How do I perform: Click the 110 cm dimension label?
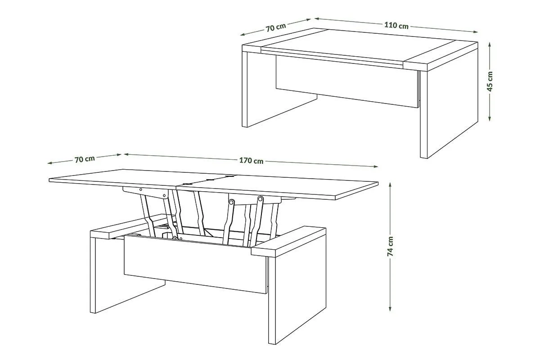[396, 25]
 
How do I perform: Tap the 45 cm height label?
[490, 81]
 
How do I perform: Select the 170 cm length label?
[251, 161]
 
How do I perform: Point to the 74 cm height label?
[390, 247]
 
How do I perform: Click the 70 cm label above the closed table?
[276, 27]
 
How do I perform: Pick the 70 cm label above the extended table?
[85, 159]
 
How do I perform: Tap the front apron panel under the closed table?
[346, 81]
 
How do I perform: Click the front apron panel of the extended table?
[195, 265]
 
